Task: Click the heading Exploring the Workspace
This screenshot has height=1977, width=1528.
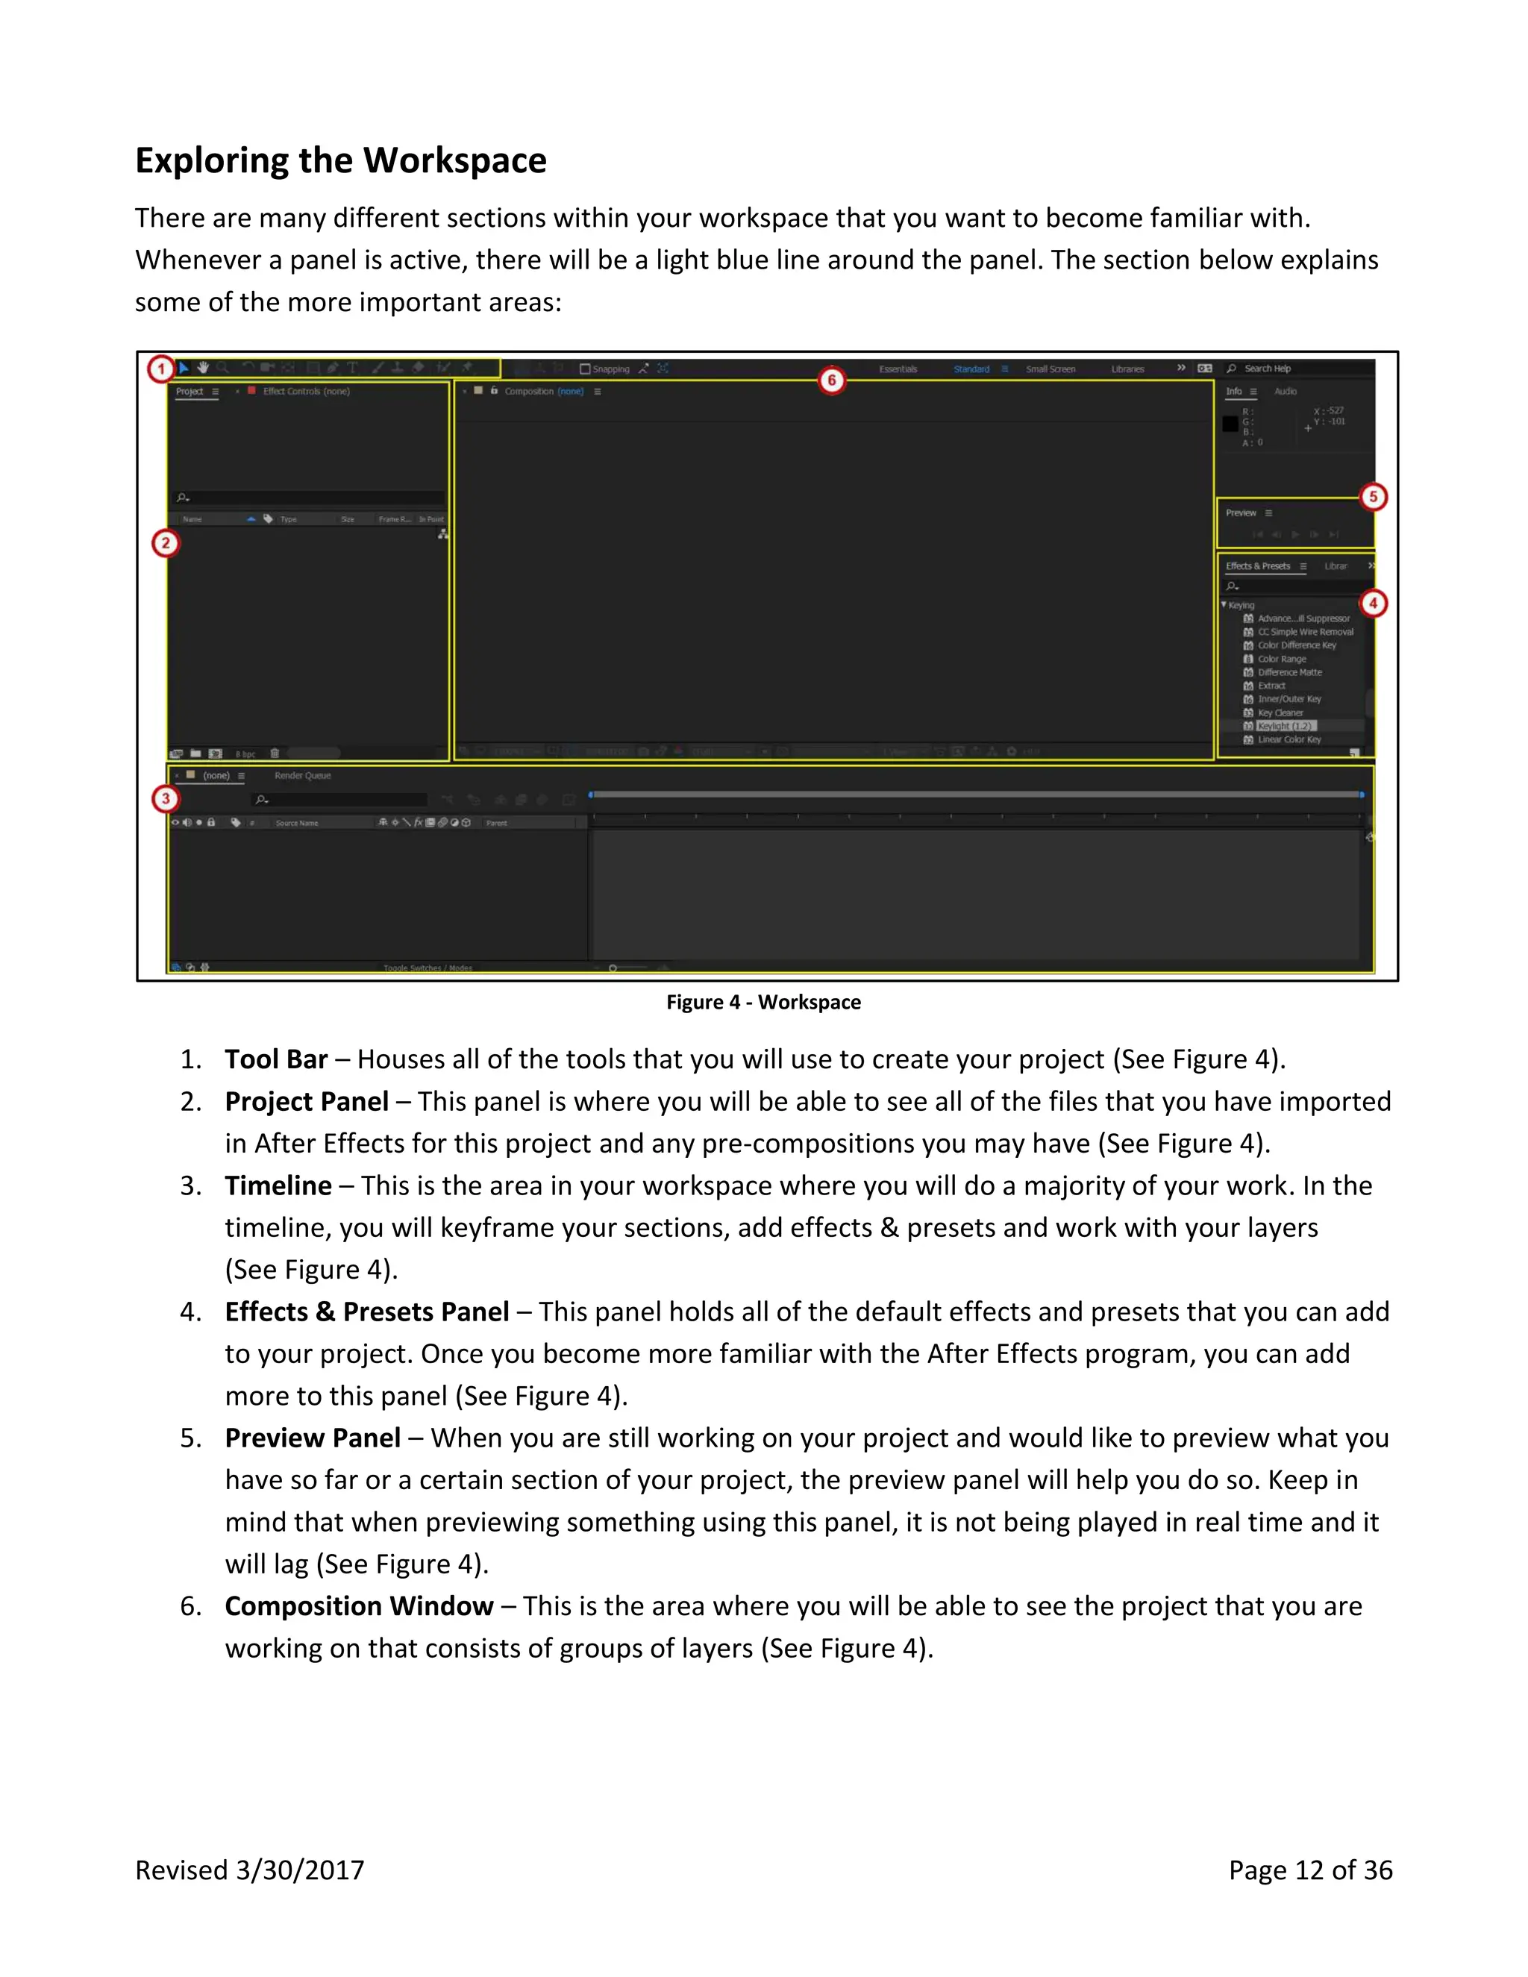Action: coord(340,160)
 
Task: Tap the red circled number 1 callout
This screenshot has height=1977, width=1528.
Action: coord(161,369)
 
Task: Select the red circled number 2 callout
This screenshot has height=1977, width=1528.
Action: coord(165,543)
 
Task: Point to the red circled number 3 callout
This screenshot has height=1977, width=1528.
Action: coord(165,798)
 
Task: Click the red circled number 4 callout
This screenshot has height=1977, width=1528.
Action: coord(1372,603)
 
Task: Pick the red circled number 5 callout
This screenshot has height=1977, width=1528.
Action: coord(1372,496)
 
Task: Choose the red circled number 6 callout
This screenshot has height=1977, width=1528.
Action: coord(831,380)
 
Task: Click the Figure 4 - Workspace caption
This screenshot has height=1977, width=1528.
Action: coord(763,1002)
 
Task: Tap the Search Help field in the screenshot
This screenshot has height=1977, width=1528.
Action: coord(1268,369)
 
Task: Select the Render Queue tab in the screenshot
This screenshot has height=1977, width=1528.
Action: coord(302,776)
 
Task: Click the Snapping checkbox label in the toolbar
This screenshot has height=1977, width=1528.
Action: coord(610,369)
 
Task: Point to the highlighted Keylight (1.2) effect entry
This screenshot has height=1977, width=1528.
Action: coord(1285,726)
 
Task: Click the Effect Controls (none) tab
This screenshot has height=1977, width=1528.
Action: coord(306,391)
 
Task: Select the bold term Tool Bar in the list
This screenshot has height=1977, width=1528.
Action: coord(276,1059)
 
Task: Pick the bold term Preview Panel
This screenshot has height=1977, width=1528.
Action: coord(313,1438)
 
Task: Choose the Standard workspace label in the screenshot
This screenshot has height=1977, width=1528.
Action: coord(971,369)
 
